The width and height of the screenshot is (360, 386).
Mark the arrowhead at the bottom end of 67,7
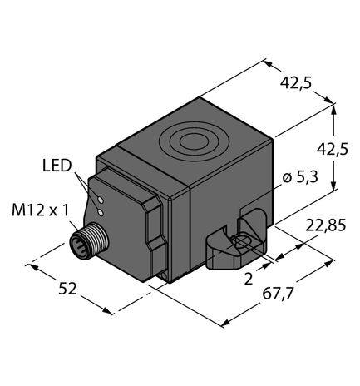[x=225, y=322]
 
